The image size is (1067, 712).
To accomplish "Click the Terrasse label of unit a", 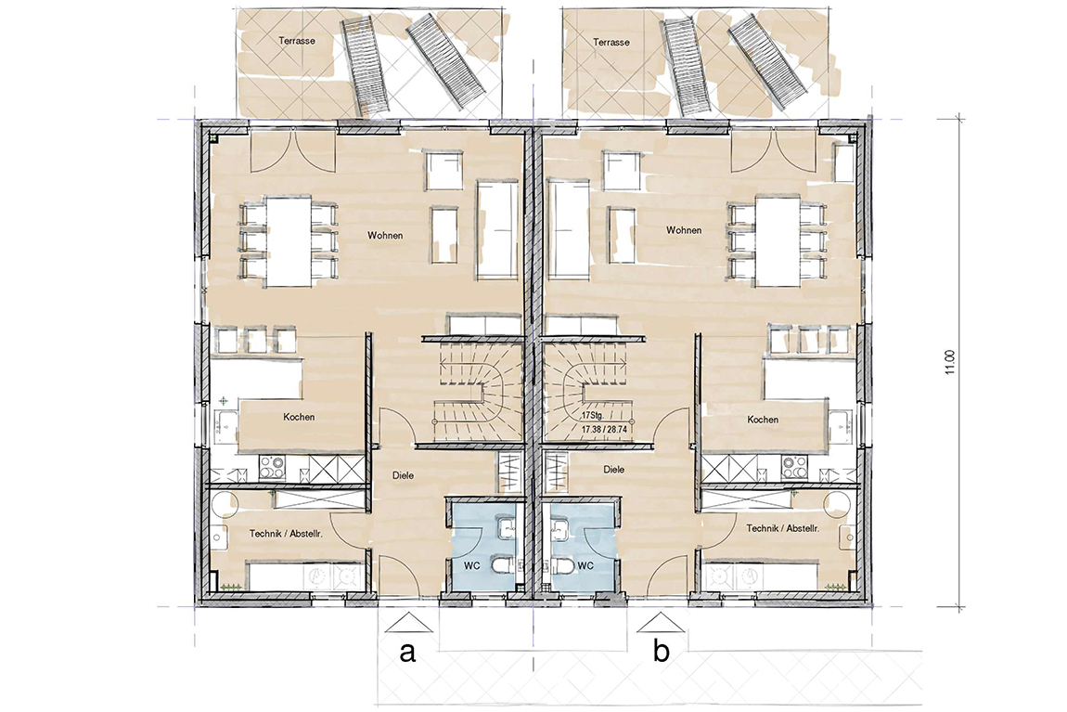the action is (x=297, y=41).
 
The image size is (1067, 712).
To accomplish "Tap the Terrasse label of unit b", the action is (x=611, y=42).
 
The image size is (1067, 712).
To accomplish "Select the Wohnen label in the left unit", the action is (x=385, y=236).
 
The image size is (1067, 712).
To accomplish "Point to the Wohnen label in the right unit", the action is (x=683, y=230).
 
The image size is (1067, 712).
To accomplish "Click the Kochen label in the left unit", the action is (x=299, y=417).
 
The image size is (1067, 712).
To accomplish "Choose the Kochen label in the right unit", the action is (x=762, y=420).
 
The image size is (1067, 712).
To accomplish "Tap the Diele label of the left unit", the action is (x=403, y=476).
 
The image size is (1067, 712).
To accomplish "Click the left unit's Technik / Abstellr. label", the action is (x=286, y=534).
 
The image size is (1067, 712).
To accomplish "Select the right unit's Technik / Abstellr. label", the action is (x=782, y=528).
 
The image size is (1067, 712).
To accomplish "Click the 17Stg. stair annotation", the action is (x=592, y=415).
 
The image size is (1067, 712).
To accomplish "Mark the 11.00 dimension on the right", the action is (x=951, y=361).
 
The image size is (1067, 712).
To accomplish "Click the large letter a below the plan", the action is (x=407, y=652).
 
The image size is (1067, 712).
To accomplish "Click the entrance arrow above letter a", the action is (x=407, y=621).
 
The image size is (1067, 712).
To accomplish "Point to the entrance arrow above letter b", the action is (x=656, y=621).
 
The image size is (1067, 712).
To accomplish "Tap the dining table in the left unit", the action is (x=289, y=241).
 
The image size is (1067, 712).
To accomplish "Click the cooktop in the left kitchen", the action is (x=272, y=469).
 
